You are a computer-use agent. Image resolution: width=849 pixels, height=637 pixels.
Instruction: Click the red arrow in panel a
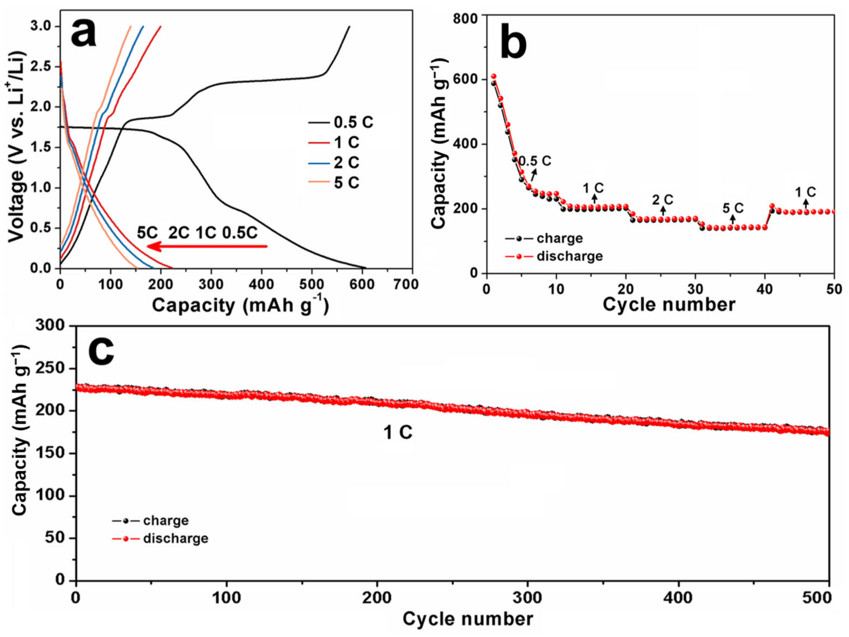pos(207,246)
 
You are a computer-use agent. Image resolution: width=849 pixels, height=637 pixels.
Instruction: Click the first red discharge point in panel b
pos(494,76)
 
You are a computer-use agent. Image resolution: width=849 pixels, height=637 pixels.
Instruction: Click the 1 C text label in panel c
pos(398,433)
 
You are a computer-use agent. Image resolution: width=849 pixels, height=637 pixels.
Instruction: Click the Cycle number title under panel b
pos(669,305)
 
